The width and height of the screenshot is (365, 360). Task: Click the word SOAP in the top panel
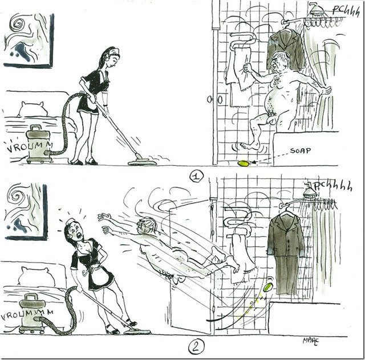[300, 151]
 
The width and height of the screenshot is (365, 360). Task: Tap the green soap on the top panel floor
[244, 163]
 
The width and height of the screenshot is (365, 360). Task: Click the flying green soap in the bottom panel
[268, 287]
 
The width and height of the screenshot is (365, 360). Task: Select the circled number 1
[196, 177]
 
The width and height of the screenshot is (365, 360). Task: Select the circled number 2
[196, 346]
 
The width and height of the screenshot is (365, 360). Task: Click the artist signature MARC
[311, 341]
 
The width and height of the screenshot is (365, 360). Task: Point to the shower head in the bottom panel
[310, 190]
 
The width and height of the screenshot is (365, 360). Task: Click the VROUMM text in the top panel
[30, 146]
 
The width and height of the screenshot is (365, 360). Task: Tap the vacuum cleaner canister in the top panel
[39, 144]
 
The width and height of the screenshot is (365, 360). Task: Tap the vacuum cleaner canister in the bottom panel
[32, 313]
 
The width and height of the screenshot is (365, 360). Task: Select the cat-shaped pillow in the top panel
[32, 109]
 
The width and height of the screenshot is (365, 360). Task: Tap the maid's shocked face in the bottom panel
[77, 231]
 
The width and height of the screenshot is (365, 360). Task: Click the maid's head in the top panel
[110, 58]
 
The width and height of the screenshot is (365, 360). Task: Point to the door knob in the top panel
[214, 100]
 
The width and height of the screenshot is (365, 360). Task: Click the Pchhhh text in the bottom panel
[333, 186]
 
